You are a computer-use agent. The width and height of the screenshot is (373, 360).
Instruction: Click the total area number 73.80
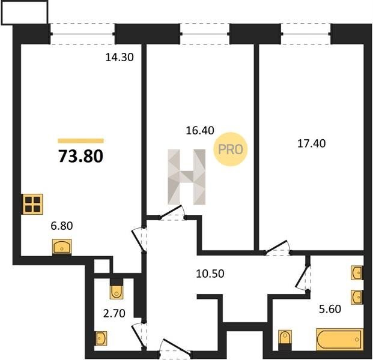(x=81, y=157)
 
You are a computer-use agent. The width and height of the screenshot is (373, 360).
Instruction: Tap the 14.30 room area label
(x=120, y=57)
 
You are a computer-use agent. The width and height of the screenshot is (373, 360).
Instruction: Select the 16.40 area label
(x=200, y=130)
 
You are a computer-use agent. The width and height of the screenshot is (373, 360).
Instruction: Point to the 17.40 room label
(x=312, y=143)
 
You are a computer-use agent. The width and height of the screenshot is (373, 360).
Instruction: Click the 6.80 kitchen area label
(x=62, y=226)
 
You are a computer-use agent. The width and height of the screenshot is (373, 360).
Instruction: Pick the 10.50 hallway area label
(x=210, y=274)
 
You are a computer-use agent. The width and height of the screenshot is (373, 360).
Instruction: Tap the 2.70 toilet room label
(x=114, y=313)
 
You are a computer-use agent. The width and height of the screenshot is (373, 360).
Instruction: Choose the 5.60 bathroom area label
(x=330, y=309)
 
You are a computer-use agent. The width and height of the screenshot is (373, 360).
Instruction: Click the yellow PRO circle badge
(x=231, y=149)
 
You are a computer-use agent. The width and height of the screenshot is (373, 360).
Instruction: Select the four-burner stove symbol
(x=33, y=205)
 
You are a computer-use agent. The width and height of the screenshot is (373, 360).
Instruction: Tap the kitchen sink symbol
(x=62, y=247)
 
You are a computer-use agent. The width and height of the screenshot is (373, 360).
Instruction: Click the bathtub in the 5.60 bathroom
(x=340, y=340)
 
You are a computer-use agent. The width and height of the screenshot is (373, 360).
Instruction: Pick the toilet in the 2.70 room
(x=117, y=289)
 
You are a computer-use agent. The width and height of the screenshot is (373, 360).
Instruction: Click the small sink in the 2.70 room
(x=101, y=338)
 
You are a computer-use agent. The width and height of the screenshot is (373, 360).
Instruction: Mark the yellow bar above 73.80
(x=80, y=141)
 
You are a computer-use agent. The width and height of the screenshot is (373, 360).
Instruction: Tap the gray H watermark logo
(x=186, y=177)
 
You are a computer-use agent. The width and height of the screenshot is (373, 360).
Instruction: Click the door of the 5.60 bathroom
(x=302, y=277)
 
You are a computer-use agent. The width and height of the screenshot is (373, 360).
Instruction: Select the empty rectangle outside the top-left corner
(x=25, y=12)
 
